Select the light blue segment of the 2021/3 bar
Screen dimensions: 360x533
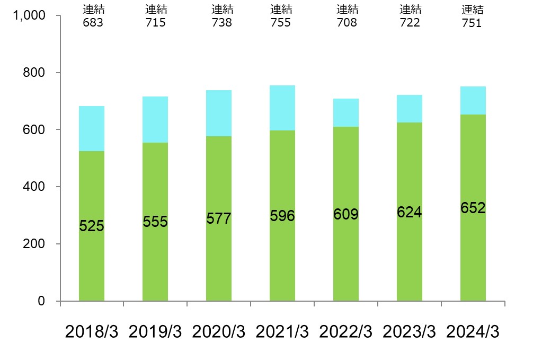(282, 108)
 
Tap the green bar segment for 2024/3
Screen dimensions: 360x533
(473, 254)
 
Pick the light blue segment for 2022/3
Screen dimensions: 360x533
(346, 112)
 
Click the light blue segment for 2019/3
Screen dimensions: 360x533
(155, 119)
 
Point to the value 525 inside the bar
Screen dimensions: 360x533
(92, 226)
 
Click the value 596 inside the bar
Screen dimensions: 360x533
(282, 216)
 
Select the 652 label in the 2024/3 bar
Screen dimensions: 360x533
(473, 208)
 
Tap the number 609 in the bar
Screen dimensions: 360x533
(346, 214)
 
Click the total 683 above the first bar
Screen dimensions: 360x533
(94, 23)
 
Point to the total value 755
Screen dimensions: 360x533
(281, 23)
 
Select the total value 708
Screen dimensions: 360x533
(347, 23)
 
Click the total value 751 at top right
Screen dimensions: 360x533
(472, 23)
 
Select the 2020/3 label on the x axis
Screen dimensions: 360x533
(219, 332)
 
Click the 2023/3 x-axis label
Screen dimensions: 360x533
(410, 332)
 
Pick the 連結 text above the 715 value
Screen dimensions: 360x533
(156, 10)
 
